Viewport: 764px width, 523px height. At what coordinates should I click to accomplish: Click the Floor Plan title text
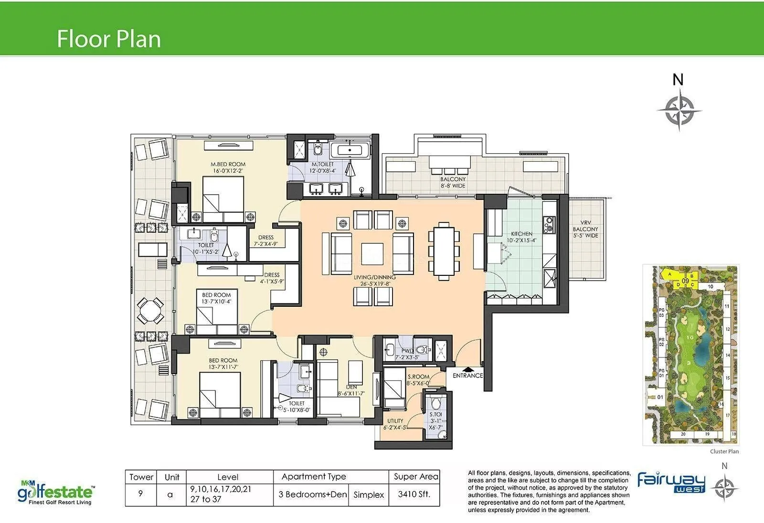pyautogui.click(x=108, y=39)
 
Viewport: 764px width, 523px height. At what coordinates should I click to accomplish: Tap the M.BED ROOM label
pyautogui.click(x=228, y=165)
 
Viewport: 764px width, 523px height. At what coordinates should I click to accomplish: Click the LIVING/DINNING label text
pyautogui.click(x=374, y=277)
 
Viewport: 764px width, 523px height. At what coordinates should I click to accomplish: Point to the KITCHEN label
pyautogui.click(x=521, y=234)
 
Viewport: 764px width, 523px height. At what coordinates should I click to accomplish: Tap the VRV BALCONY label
pyautogui.click(x=585, y=229)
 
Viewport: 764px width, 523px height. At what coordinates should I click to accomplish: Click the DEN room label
pyautogui.click(x=351, y=387)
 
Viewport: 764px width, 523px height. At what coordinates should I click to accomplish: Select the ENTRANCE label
pyautogui.click(x=467, y=376)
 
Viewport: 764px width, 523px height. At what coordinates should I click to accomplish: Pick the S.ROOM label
pyautogui.click(x=418, y=377)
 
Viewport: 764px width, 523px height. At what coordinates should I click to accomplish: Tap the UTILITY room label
pyautogui.click(x=395, y=421)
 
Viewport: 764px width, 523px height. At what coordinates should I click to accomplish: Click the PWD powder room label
pyautogui.click(x=407, y=351)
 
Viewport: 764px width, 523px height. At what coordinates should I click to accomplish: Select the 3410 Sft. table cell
pyautogui.click(x=414, y=494)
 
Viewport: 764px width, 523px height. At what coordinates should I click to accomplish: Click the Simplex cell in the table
pyautogui.click(x=369, y=495)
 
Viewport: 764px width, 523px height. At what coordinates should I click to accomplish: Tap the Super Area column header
pyautogui.click(x=415, y=476)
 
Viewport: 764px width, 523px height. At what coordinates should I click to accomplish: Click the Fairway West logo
pyautogui.click(x=671, y=482)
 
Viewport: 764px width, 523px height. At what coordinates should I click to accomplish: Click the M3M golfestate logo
pyautogui.click(x=56, y=492)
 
